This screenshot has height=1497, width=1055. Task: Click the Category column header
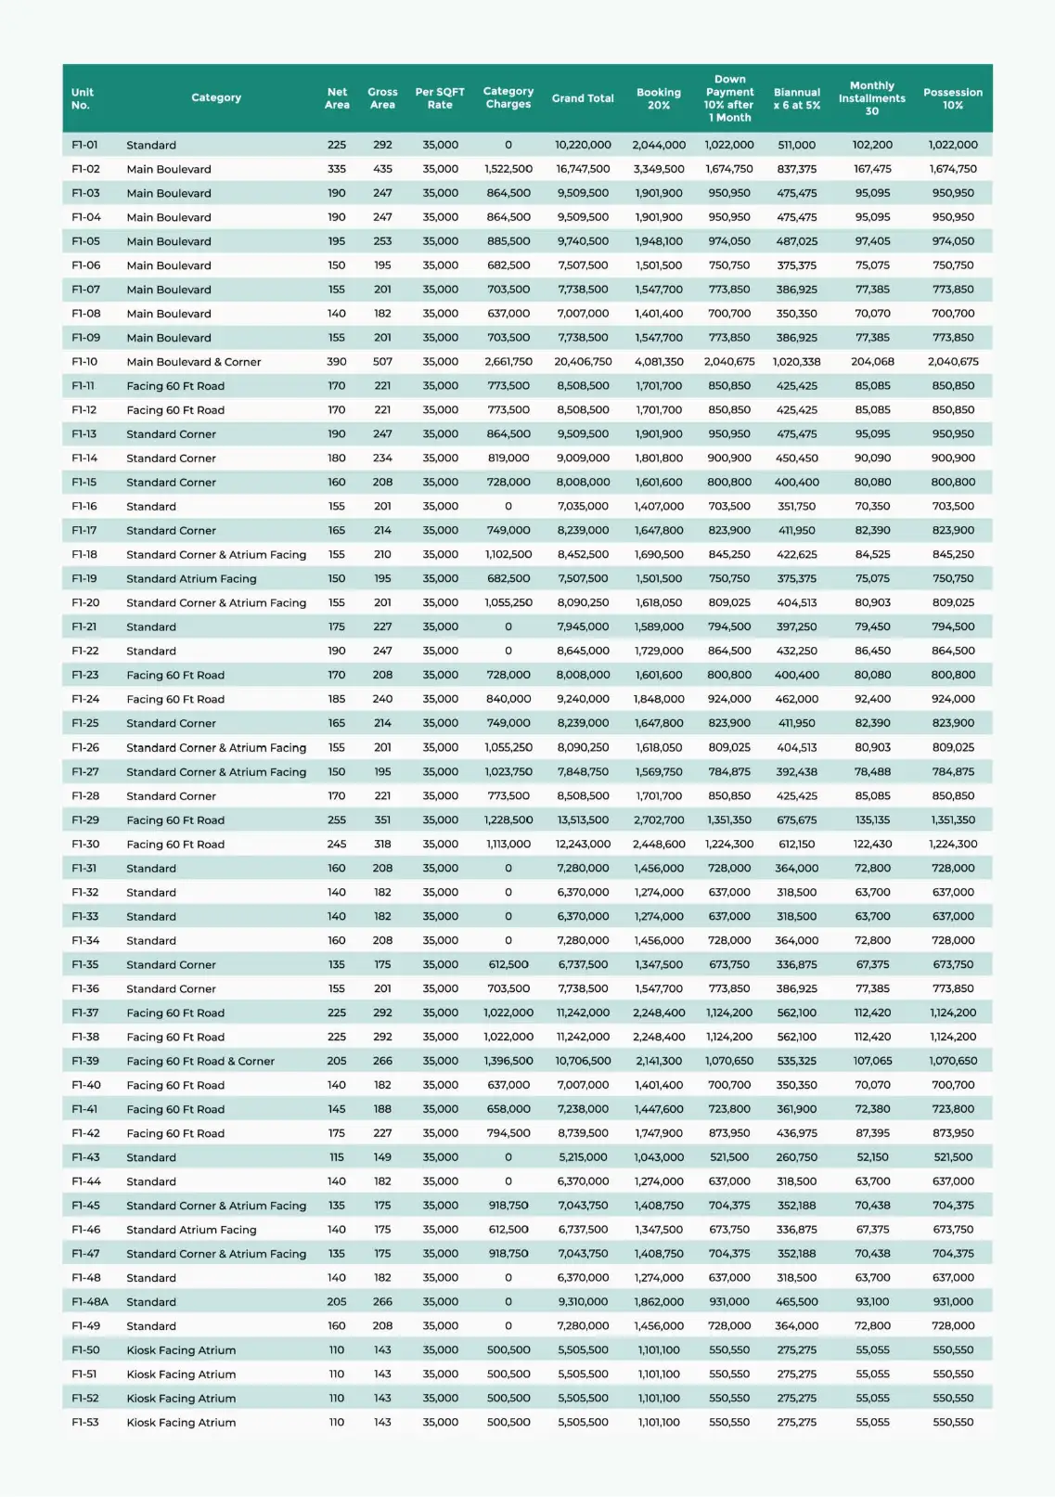[216, 97]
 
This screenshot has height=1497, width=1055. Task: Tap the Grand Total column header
[583, 98]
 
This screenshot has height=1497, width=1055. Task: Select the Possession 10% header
[953, 98]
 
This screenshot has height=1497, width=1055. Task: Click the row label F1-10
[84, 362]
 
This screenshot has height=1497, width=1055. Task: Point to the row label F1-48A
[90, 1302]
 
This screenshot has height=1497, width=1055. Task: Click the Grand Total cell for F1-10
[583, 362]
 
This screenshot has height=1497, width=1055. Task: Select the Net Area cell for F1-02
[337, 169]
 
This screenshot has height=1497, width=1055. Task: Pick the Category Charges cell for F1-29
[508, 820]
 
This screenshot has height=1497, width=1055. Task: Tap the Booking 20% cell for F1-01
[659, 145]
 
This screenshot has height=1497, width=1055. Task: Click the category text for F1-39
[200, 1061]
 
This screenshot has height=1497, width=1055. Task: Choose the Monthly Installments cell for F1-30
[872, 845]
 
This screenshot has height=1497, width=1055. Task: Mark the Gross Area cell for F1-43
[382, 1157]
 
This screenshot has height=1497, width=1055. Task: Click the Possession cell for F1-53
[953, 1423]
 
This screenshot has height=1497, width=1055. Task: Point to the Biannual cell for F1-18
[797, 555]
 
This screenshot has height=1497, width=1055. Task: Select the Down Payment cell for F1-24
[729, 700]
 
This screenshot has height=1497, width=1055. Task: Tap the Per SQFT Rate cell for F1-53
[440, 1423]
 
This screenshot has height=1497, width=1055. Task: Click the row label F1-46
[85, 1230]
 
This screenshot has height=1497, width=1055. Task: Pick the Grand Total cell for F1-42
[583, 1133]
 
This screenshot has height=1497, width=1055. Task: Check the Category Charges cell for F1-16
[508, 507]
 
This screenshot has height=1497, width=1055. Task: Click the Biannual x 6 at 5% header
[797, 98]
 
